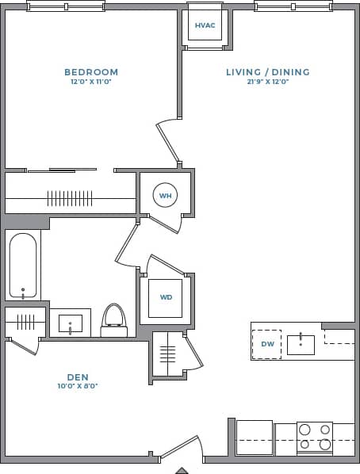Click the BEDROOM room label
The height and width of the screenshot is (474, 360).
[x=91, y=72]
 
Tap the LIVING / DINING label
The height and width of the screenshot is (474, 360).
[x=267, y=72]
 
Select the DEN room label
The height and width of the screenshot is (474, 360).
[x=77, y=377]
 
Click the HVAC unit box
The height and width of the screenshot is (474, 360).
[x=205, y=25]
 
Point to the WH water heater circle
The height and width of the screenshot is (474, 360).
[x=165, y=195]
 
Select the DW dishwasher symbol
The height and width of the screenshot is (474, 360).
[x=267, y=344]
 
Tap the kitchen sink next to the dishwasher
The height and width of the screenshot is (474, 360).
[x=301, y=345]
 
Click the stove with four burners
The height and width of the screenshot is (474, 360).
[x=314, y=438]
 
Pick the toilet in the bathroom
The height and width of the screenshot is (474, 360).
[x=114, y=319]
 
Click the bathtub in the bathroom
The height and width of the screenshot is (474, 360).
[x=23, y=266]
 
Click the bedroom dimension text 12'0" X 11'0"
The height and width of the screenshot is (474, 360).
[x=91, y=82]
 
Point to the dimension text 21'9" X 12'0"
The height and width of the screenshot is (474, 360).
[x=267, y=82]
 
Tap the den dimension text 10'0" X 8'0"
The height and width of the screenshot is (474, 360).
[x=77, y=386]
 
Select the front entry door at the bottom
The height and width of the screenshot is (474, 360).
[x=180, y=448]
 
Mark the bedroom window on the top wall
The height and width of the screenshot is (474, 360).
[x=66, y=6]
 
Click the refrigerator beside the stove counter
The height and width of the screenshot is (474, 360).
[x=254, y=438]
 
